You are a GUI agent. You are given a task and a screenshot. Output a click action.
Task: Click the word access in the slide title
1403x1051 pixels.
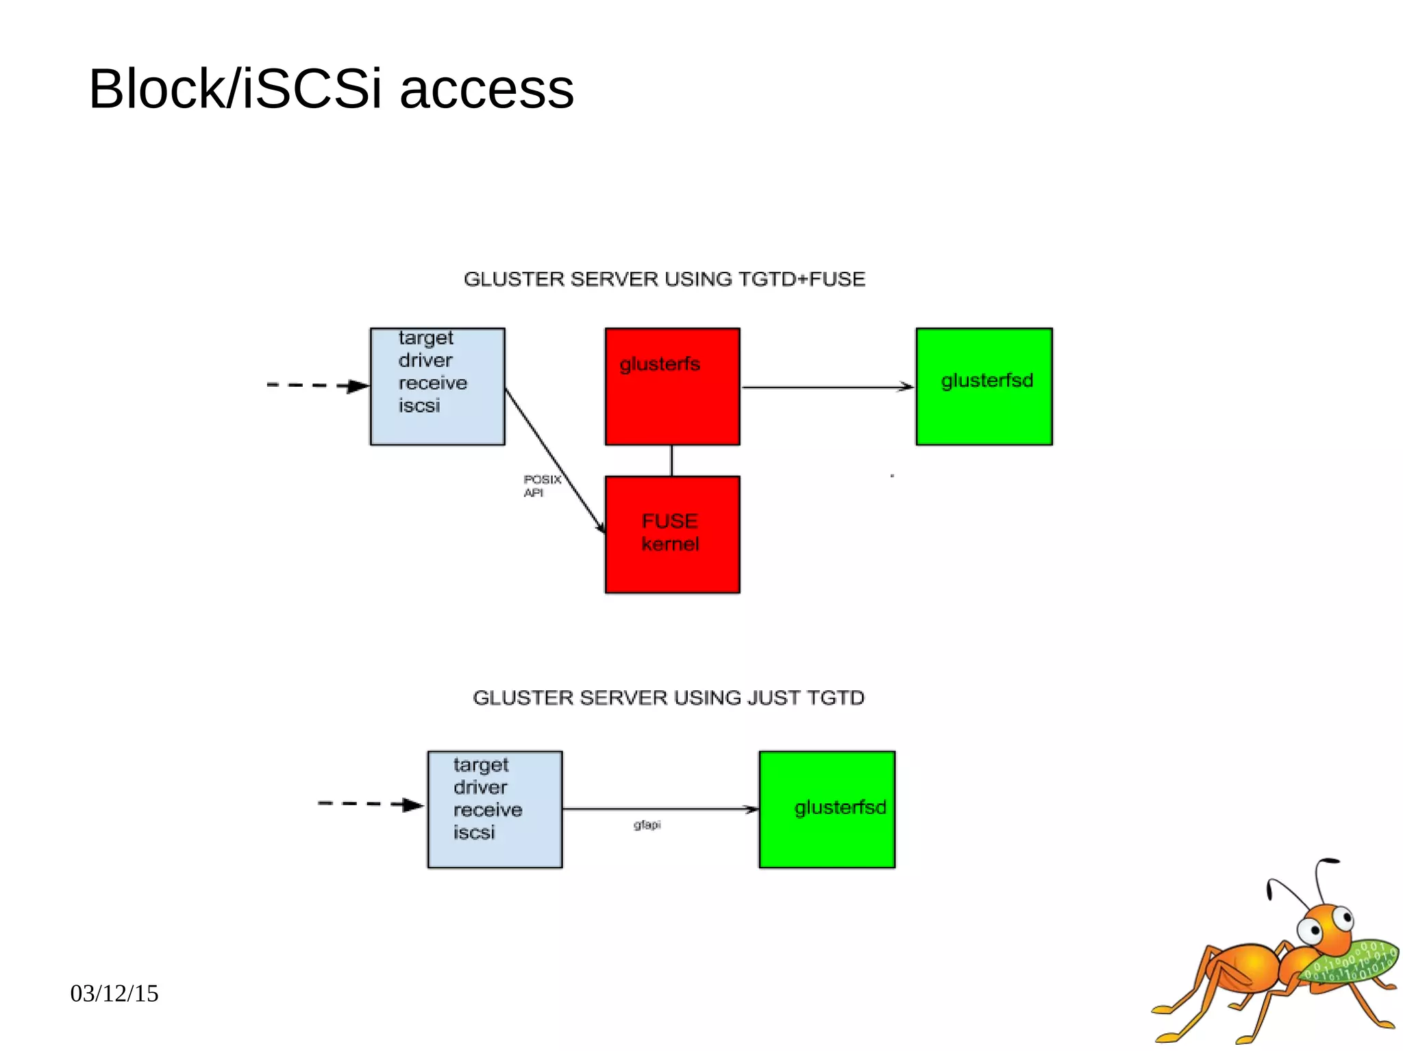(486, 90)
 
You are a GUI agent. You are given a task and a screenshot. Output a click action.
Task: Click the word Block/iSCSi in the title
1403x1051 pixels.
(235, 90)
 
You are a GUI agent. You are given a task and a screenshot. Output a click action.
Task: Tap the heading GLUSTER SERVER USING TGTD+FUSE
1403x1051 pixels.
(664, 279)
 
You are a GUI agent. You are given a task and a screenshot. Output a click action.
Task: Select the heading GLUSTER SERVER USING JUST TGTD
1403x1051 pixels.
(668, 698)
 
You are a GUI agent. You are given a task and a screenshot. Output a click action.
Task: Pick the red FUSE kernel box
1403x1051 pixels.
(672, 534)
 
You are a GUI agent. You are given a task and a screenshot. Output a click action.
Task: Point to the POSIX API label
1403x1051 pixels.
(541, 485)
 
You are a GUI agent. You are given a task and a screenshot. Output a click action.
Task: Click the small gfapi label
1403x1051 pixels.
(647, 825)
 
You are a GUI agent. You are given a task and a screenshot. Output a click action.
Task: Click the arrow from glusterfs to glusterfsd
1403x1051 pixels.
(827, 388)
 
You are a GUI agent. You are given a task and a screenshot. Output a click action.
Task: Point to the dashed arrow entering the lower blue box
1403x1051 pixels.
(370, 804)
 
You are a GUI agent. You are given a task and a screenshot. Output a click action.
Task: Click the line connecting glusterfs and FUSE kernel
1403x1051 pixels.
(671, 460)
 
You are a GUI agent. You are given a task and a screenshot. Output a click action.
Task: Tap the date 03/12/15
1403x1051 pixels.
(114, 993)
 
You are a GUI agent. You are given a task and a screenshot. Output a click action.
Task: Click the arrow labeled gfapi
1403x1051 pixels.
(660, 809)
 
